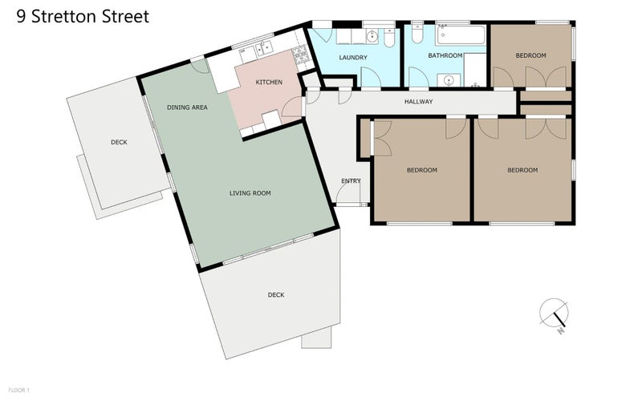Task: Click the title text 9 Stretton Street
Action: pos(83,17)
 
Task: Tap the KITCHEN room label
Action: pos(269,83)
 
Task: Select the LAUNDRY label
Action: pos(353,58)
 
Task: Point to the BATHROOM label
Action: pos(445,56)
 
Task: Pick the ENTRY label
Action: pos(351,180)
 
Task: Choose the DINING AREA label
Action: pos(188,107)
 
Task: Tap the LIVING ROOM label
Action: pos(250,193)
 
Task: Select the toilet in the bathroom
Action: pos(416,36)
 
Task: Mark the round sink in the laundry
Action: pos(372,37)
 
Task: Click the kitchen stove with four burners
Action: pos(300,56)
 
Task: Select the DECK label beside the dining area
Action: pos(119,143)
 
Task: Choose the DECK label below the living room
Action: pos(275,295)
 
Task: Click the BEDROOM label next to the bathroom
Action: pos(530,55)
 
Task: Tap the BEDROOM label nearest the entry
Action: pos(421,170)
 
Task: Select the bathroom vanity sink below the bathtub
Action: pos(448,79)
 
